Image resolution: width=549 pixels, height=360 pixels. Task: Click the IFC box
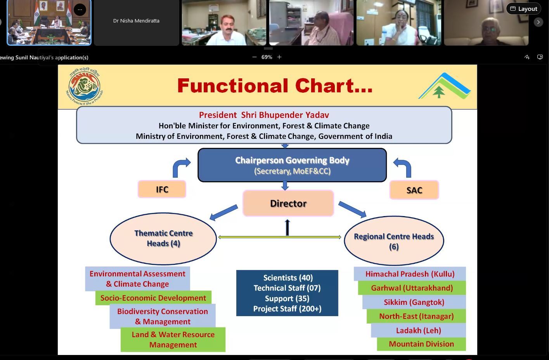[x=162, y=189]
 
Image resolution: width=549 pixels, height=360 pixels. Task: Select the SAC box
[x=414, y=190]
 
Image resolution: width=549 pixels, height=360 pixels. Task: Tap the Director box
[x=288, y=203]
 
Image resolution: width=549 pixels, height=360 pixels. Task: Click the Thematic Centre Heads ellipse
[x=163, y=238]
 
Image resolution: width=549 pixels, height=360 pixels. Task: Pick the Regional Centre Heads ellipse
[x=394, y=241]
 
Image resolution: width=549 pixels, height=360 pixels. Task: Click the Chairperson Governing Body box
[x=292, y=165]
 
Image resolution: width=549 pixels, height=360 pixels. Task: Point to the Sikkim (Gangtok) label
[x=414, y=302]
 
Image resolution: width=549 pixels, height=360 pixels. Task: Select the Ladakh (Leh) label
[x=418, y=331]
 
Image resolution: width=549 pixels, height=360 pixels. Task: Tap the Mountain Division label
[x=421, y=344]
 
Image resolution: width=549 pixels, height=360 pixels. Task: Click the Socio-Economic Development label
[x=153, y=298]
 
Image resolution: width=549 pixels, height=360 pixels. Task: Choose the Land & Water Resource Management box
[x=173, y=339]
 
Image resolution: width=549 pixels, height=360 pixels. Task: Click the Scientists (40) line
[x=287, y=278]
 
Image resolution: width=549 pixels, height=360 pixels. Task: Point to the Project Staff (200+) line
[x=287, y=309]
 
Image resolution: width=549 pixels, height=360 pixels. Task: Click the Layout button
[x=523, y=9]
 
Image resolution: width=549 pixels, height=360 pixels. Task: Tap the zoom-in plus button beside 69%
[x=279, y=57]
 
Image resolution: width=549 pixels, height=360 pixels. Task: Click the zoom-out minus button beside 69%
[x=255, y=57]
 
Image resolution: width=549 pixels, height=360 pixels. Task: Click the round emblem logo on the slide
[x=84, y=86]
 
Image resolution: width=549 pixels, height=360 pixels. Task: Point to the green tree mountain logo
[x=444, y=87]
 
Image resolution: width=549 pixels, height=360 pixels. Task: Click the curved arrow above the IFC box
[x=180, y=168]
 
